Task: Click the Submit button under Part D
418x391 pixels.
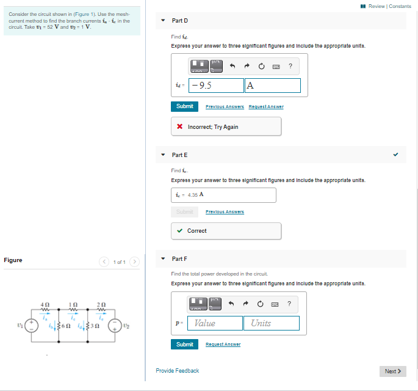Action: point(184,106)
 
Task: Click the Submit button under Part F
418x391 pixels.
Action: point(184,345)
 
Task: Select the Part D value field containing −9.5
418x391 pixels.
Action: point(216,86)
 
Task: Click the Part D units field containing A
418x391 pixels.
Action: point(272,86)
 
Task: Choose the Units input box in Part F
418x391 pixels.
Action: point(272,323)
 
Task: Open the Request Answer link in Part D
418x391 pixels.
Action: point(266,107)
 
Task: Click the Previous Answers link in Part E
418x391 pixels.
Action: point(225,212)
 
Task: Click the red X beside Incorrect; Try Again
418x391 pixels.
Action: point(180,127)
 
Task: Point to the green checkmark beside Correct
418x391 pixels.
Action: point(180,231)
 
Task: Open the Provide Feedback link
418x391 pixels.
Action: point(177,371)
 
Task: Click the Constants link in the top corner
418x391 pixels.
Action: point(400,6)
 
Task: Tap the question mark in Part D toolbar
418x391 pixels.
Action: point(290,66)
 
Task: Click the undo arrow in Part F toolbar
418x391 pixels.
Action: point(232,304)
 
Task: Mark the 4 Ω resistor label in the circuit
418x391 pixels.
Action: point(44,304)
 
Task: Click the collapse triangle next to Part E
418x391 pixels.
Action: point(163,155)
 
